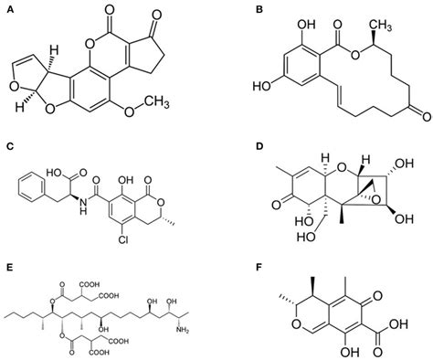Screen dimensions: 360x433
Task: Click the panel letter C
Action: (8, 144)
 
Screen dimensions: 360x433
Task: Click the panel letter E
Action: (8, 269)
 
